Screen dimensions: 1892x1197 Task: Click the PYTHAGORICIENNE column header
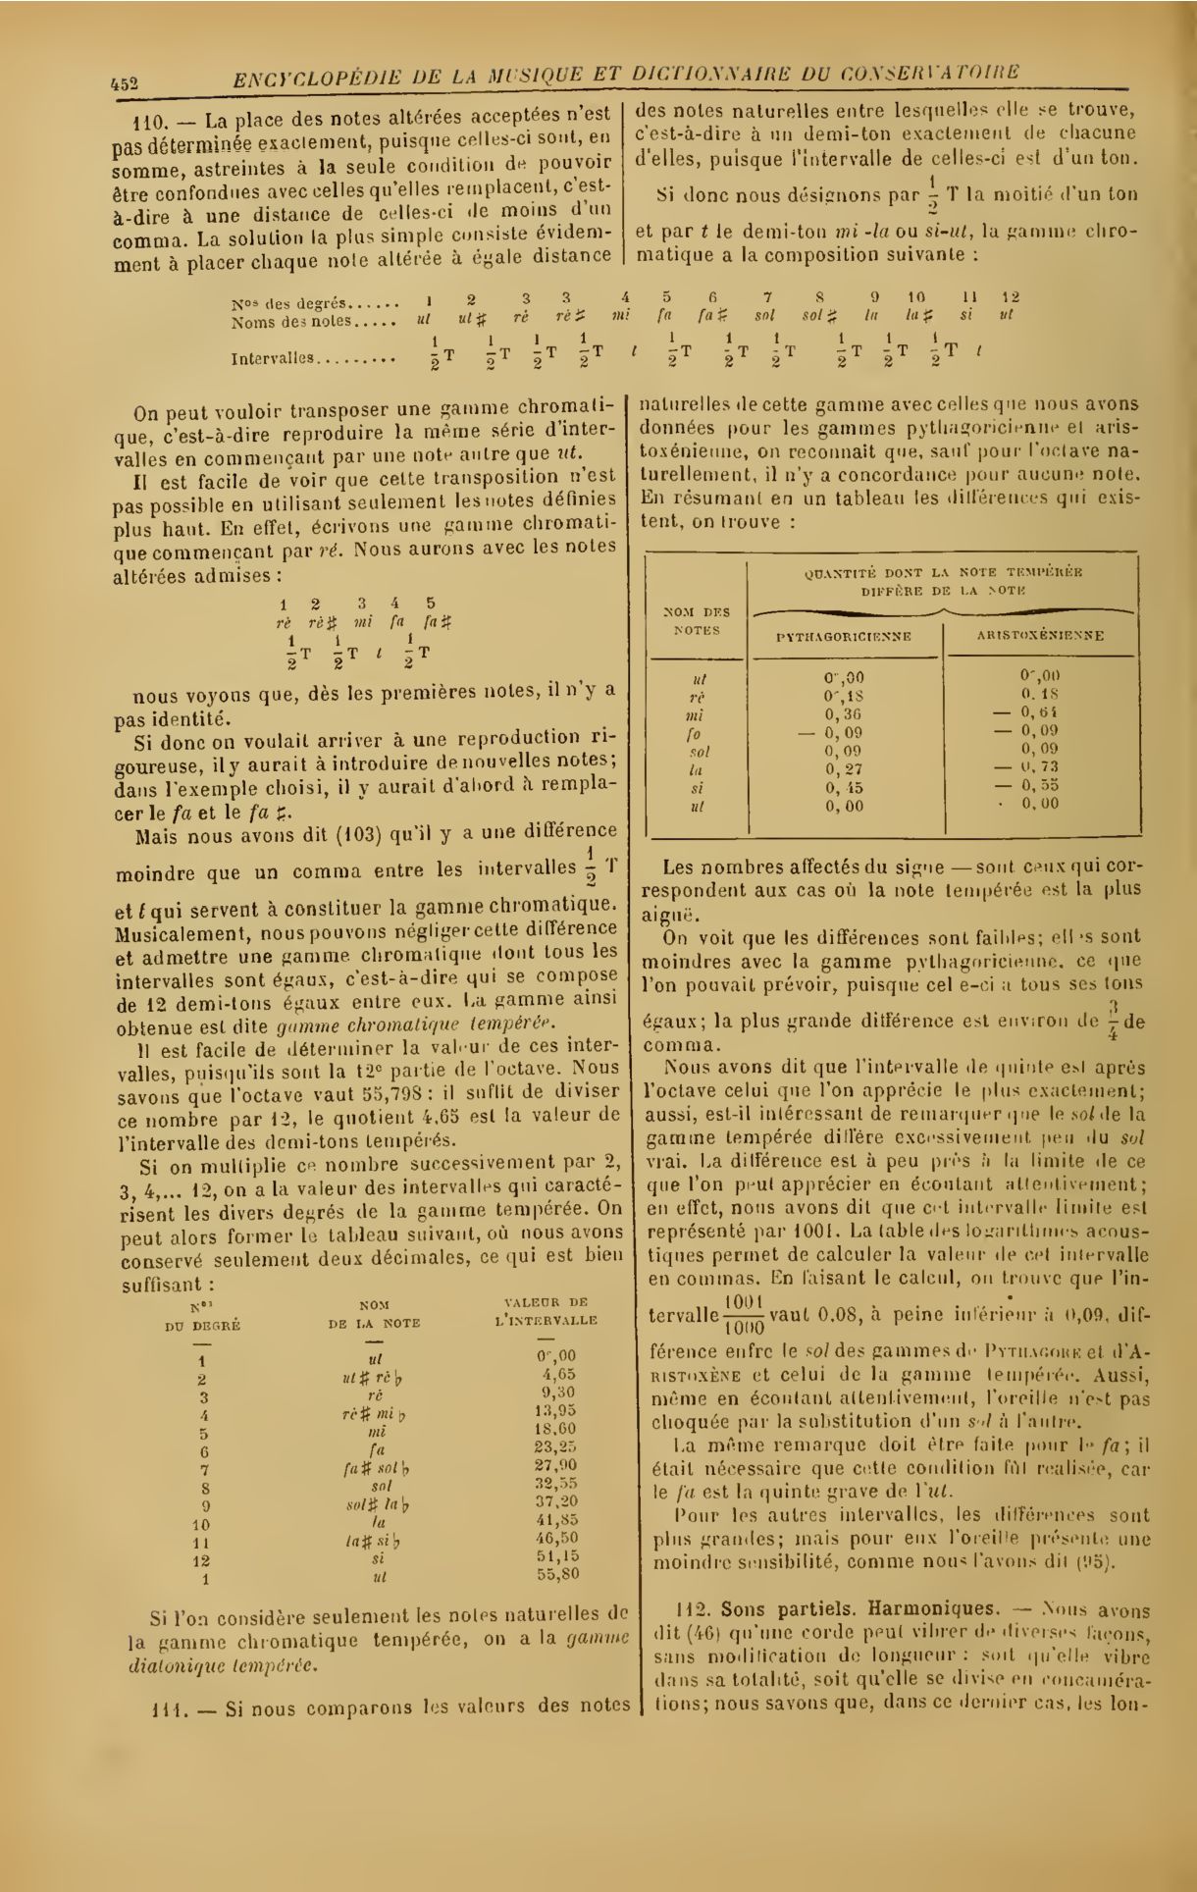[844, 636]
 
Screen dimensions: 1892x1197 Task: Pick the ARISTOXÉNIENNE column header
[1040, 636]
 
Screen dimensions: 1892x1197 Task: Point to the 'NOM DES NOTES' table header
[697, 621]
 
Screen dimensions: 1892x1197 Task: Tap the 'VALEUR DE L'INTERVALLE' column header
[546, 1311]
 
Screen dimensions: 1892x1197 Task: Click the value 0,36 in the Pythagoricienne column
[844, 713]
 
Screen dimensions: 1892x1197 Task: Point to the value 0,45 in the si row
[844, 786]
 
